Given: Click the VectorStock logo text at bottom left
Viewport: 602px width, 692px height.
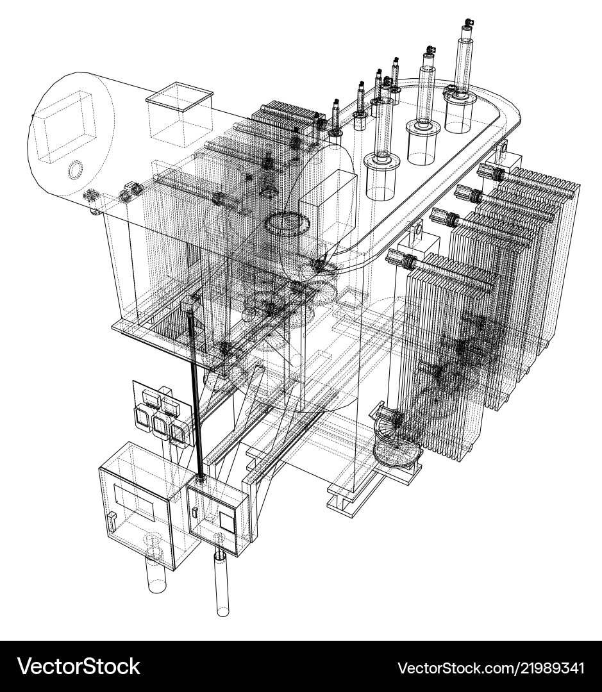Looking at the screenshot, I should click(79, 666).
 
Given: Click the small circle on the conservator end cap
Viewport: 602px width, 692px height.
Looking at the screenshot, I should click(76, 170).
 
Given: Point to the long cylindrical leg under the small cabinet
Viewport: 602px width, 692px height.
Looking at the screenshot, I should click(222, 586).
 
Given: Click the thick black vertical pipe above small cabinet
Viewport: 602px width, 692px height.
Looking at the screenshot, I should click(195, 397).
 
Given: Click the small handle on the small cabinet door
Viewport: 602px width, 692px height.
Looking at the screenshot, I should click(194, 511).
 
